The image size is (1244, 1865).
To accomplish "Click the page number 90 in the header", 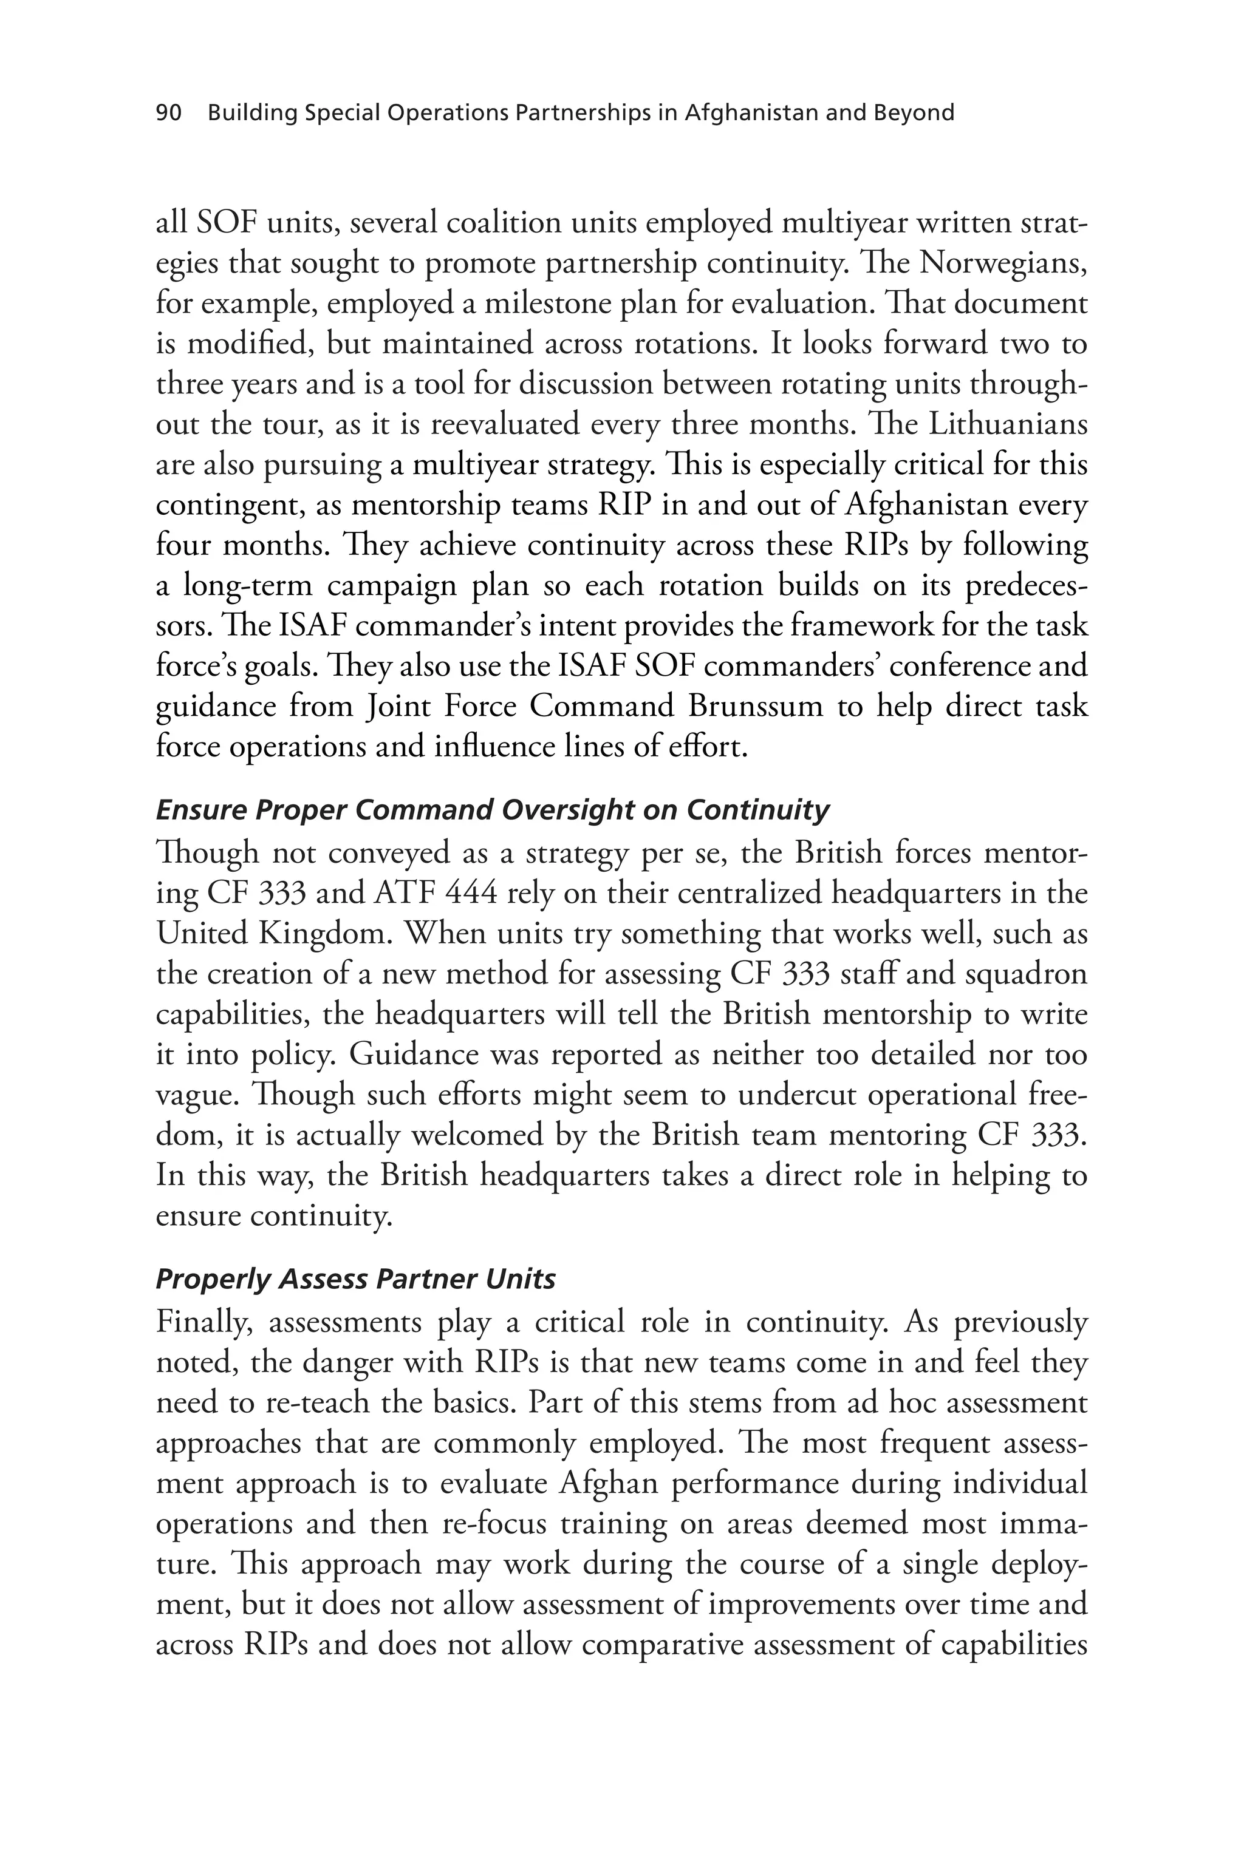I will pos(169,114).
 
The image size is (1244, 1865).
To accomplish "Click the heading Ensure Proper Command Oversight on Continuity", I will pos(492,810).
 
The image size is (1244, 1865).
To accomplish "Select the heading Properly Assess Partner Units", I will pos(355,1279).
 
